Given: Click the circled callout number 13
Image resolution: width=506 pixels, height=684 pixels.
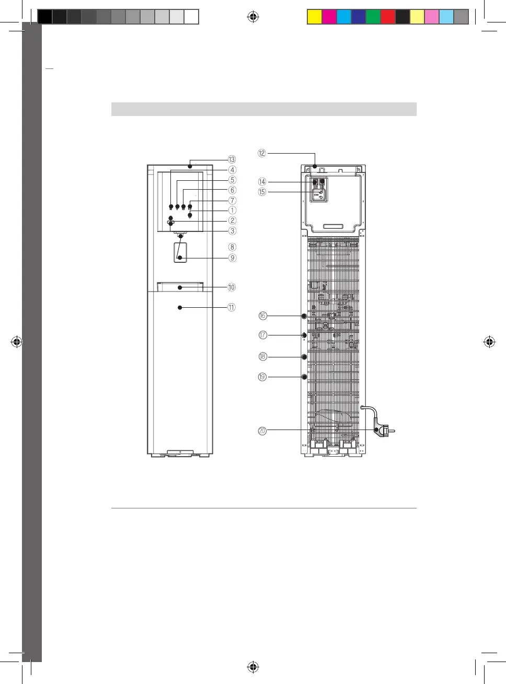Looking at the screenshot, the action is pos(232,159).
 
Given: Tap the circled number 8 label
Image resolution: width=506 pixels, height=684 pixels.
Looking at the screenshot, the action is pos(232,247).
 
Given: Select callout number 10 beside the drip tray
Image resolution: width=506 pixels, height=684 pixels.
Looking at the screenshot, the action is pos(232,287).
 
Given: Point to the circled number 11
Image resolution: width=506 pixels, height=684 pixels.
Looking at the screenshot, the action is pos(232,307).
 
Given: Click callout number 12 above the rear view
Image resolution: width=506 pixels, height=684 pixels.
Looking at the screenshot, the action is pos(262,153).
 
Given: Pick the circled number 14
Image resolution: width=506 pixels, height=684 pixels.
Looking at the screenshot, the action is pos(262,182).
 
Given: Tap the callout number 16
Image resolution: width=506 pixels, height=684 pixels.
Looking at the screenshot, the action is pos(262,316).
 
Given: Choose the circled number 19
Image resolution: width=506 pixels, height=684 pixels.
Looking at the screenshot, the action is pos(262,377).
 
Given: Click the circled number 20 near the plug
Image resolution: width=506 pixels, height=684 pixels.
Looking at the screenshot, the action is pos(262,431).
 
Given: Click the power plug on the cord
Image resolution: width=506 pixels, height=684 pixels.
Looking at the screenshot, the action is pos(384,431).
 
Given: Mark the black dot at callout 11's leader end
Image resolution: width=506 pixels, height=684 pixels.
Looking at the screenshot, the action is pos(180,307).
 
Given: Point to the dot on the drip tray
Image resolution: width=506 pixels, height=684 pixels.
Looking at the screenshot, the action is pos(180,288).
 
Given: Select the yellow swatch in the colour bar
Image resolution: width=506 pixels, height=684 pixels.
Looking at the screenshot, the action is pos(314,17).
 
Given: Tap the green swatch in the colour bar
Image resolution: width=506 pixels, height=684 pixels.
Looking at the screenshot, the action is pos(373,17).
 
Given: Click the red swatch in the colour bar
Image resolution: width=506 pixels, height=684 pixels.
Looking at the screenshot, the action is pos(388,17).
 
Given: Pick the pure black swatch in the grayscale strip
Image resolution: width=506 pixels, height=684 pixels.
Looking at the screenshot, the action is pos(45,17).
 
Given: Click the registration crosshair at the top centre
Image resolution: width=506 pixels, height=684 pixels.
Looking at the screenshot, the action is pos(253,17).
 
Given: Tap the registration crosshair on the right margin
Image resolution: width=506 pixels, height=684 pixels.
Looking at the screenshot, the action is pos(489,342).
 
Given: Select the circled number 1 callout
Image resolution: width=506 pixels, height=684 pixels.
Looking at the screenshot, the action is pos(232,210).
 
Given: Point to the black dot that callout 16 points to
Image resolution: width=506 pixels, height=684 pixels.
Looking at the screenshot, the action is pos(304,316).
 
